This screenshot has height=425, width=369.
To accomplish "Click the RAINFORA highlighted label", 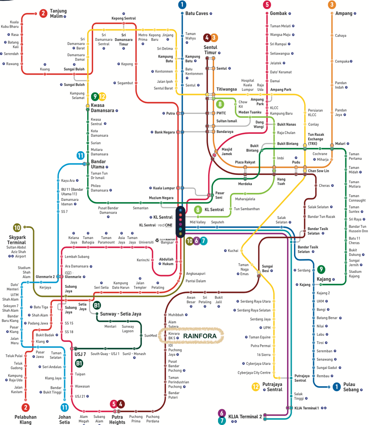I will click(200, 336).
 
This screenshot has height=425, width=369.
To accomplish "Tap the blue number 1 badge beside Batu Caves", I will click(182, 5).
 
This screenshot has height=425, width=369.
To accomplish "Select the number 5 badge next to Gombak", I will click(267, 5).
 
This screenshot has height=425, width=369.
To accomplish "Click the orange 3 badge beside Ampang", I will click(332, 5).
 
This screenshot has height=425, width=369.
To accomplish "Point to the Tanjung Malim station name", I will click(58, 14).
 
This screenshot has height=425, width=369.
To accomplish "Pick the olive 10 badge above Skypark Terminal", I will click(17, 227).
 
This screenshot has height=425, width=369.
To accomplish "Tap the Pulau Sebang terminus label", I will click(351, 387).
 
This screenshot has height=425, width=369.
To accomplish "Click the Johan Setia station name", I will click(65, 420).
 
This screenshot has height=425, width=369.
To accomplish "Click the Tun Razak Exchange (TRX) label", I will click(316, 139).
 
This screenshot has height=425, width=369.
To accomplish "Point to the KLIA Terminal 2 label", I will click(245, 417).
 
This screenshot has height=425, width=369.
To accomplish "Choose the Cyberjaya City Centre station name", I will click(254, 373).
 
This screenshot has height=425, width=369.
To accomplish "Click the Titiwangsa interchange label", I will click(227, 89).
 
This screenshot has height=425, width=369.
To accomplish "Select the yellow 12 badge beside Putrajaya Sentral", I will click(255, 387).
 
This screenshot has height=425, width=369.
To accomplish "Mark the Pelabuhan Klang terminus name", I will click(26, 420).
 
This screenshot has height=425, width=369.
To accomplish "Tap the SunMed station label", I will click(151, 335).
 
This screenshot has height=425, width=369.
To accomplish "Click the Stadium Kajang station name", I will click(355, 274).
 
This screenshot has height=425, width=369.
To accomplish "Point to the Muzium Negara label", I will click(161, 198).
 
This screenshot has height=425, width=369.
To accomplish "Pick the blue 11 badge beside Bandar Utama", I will click(81, 156).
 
